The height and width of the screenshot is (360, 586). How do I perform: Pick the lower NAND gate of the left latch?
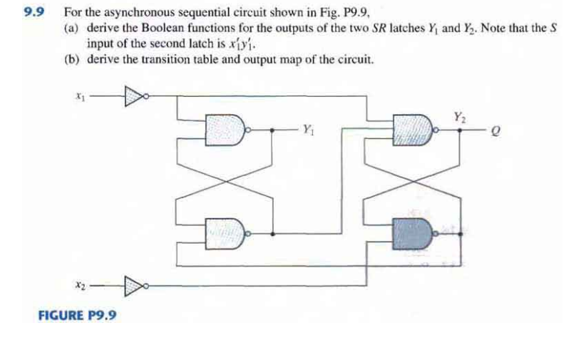coord(226,232)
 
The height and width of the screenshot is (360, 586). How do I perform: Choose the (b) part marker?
coord(71,58)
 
